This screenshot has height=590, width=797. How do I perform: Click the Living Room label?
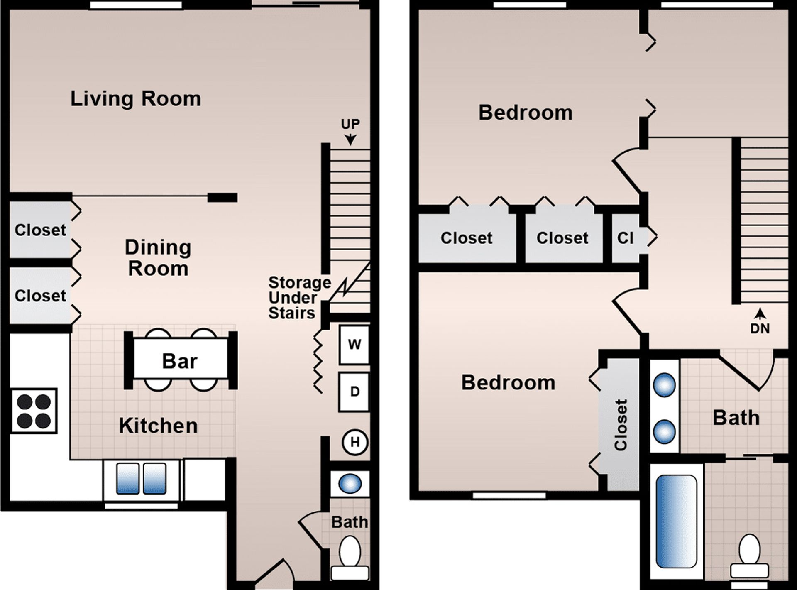(135, 99)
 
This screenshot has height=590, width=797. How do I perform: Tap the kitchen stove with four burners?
(34, 411)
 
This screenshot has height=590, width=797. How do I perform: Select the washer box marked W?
(354, 345)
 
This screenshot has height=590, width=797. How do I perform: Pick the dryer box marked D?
(354, 392)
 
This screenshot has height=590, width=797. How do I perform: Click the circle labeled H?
(354, 442)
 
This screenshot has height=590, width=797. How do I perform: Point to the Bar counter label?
(179, 361)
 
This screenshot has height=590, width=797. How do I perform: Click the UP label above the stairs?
(350, 124)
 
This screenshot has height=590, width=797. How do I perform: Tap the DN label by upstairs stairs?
(760, 328)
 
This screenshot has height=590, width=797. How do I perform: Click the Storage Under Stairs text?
(299, 298)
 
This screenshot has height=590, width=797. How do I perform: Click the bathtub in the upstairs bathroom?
(676, 521)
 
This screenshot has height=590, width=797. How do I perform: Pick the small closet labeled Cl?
(625, 238)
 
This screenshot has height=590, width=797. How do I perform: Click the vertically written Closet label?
(621, 425)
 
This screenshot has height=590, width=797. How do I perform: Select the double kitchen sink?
(141, 479)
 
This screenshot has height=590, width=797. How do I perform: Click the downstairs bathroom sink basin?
(350, 484)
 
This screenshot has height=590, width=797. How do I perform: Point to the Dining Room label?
(158, 258)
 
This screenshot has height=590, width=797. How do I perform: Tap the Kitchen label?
(158, 426)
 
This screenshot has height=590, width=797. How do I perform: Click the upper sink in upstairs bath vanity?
(664, 385)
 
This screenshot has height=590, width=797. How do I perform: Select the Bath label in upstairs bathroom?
(736, 418)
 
